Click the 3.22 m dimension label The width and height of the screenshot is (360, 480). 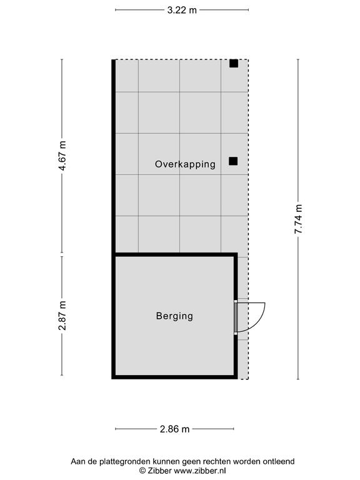(x=182, y=10)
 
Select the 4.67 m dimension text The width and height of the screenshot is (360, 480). (x=62, y=156)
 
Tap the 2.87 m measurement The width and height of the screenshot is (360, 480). (x=62, y=316)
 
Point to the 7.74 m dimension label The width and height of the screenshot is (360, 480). (x=299, y=219)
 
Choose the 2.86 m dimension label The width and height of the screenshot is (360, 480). (x=175, y=429)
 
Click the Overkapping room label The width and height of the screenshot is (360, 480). (x=185, y=164)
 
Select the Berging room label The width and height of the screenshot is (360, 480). (x=174, y=316)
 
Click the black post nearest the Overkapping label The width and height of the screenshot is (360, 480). (x=233, y=161)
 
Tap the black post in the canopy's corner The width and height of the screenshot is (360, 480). (x=234, y=63)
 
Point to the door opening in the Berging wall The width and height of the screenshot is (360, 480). (x=236, y=317)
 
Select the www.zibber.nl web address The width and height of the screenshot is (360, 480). (x=199, y=471)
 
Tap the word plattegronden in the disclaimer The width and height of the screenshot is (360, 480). (x=125, y=461)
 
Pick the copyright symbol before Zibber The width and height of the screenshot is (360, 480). (x=142, y=471)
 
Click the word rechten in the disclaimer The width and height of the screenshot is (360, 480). (x=219, y=461)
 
